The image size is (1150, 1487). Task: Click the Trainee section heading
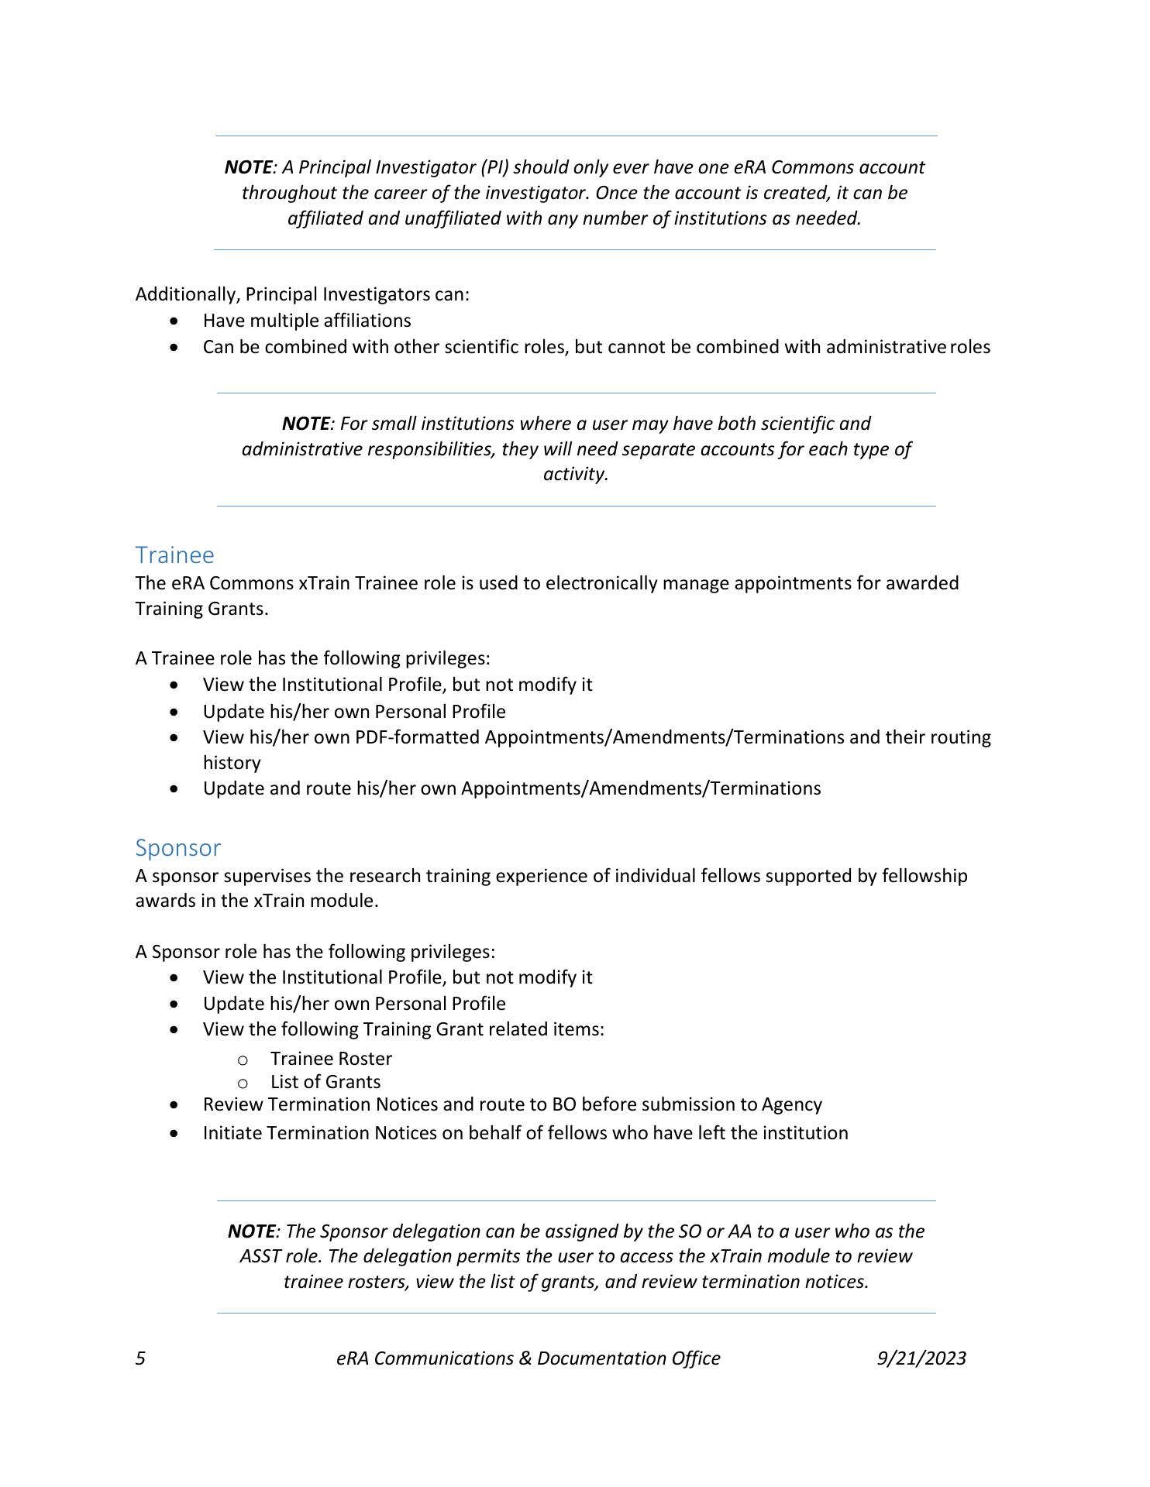pyautogui.click(x=174, y=555)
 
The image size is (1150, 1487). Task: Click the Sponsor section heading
pyautogui.click(x=177, y=847)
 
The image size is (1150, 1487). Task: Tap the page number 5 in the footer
pyautogui.click(x=140, y=1358)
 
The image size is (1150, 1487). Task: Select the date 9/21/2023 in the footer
pyautogui.click(x=921, y=1358)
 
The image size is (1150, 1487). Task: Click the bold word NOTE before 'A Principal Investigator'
pyautogui.click(x=248, y=167)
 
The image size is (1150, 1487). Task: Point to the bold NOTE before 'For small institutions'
pyautogui.click(x=305, y=423)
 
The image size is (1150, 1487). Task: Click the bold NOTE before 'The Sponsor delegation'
pyautogui.click(x=251, y=1231)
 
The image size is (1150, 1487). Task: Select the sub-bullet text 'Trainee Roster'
pyautogui.click(x=331, y=1058)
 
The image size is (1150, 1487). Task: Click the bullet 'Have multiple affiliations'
pyautogui.click(x=307, y=320)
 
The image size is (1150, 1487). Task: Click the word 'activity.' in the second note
pyautogui.click(x=576, y=473)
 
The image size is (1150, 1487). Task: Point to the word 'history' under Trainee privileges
pyautogui.click(x=232, y=762)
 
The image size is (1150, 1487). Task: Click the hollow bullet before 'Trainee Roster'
pyautogui.click(x=243, y=1059)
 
